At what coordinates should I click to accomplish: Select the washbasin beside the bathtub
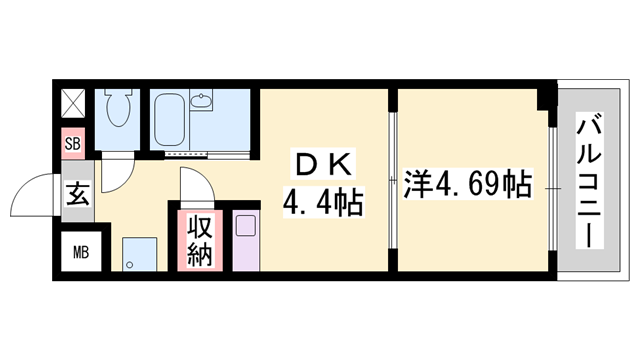[x=201, y=103]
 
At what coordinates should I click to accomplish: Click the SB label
[x=72, y=143]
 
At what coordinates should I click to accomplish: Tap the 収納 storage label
[x=198, y=240]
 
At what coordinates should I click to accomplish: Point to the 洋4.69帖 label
[x=466, y=186]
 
